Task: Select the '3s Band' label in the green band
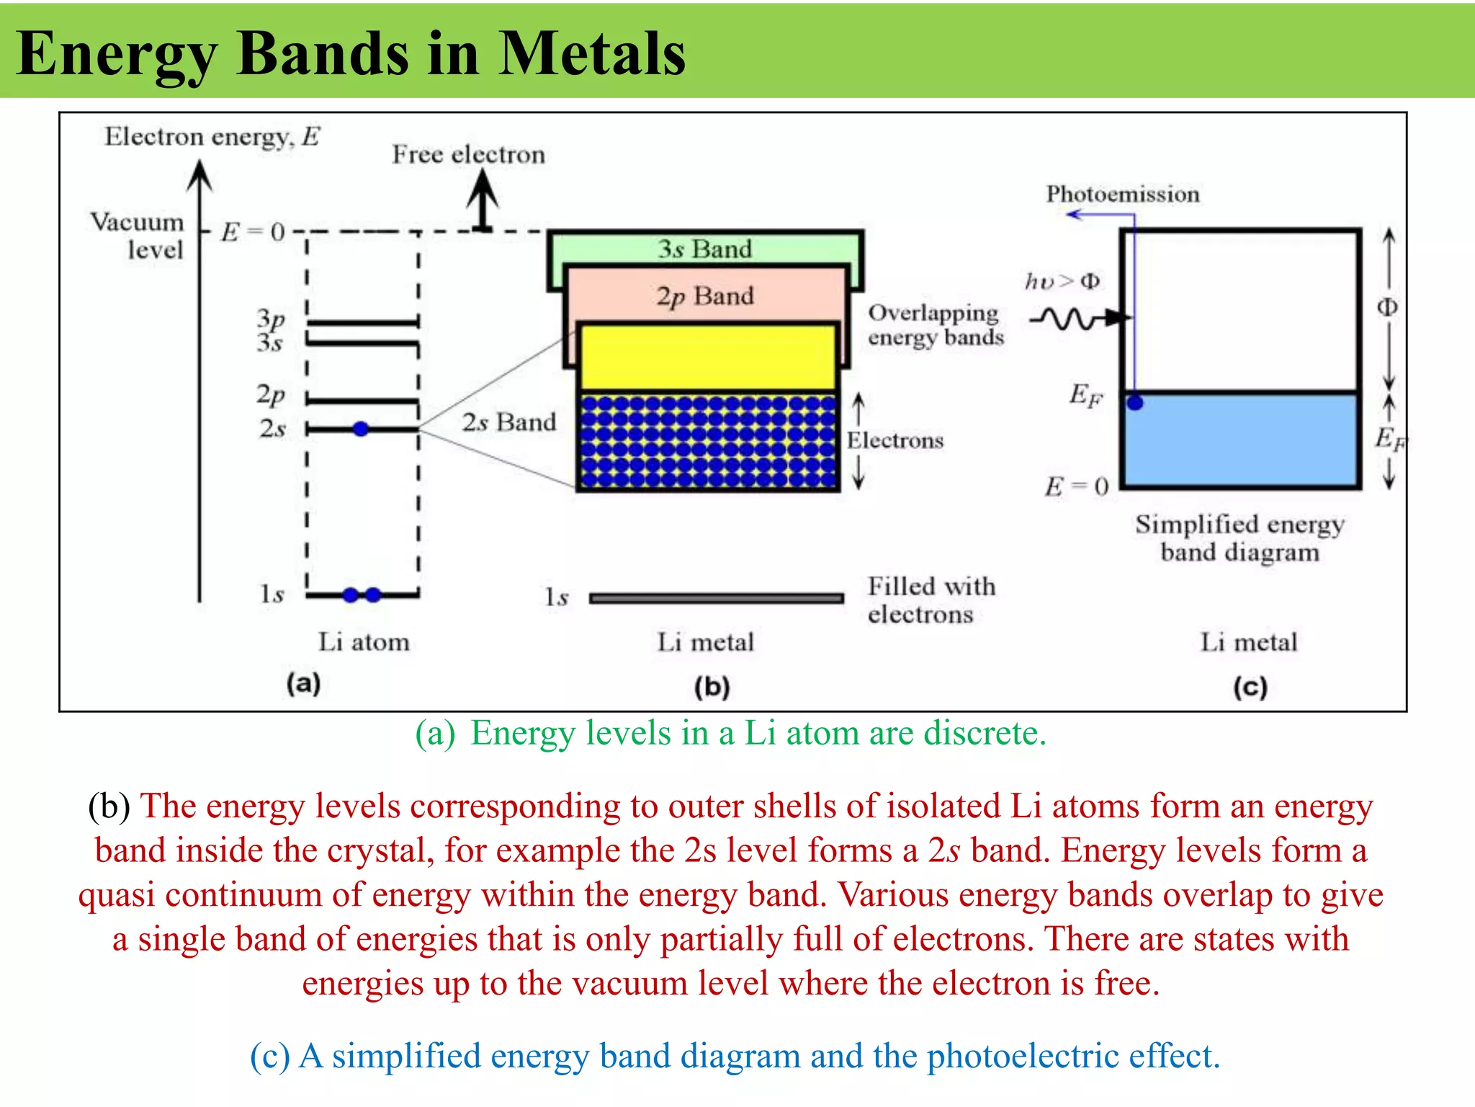[x=704, y=249]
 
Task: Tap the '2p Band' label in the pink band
[x=704, y=296]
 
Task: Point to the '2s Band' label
[x=508, y=422]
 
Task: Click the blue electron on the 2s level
[x=361, y=430]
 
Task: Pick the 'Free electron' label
[x=468, y=155]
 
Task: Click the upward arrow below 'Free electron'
[x=483, y=201]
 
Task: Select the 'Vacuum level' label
[x=138, y=236]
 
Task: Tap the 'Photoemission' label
[x=1122, y=194]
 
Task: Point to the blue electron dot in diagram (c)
[x=1135, y=402]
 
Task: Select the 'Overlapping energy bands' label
[x=935, y=325]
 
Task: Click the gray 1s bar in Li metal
[x=716, y=597]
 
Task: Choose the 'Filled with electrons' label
[x=931, y=600]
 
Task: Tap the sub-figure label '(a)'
[x=303, y=683]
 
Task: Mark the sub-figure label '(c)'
[x=1250, y=687]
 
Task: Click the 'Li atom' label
[x=364, y=641]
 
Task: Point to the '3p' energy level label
[x=271, y=318]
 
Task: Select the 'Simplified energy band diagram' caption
[x=1239, y=538]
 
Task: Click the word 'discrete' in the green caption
[x=983, y=733]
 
